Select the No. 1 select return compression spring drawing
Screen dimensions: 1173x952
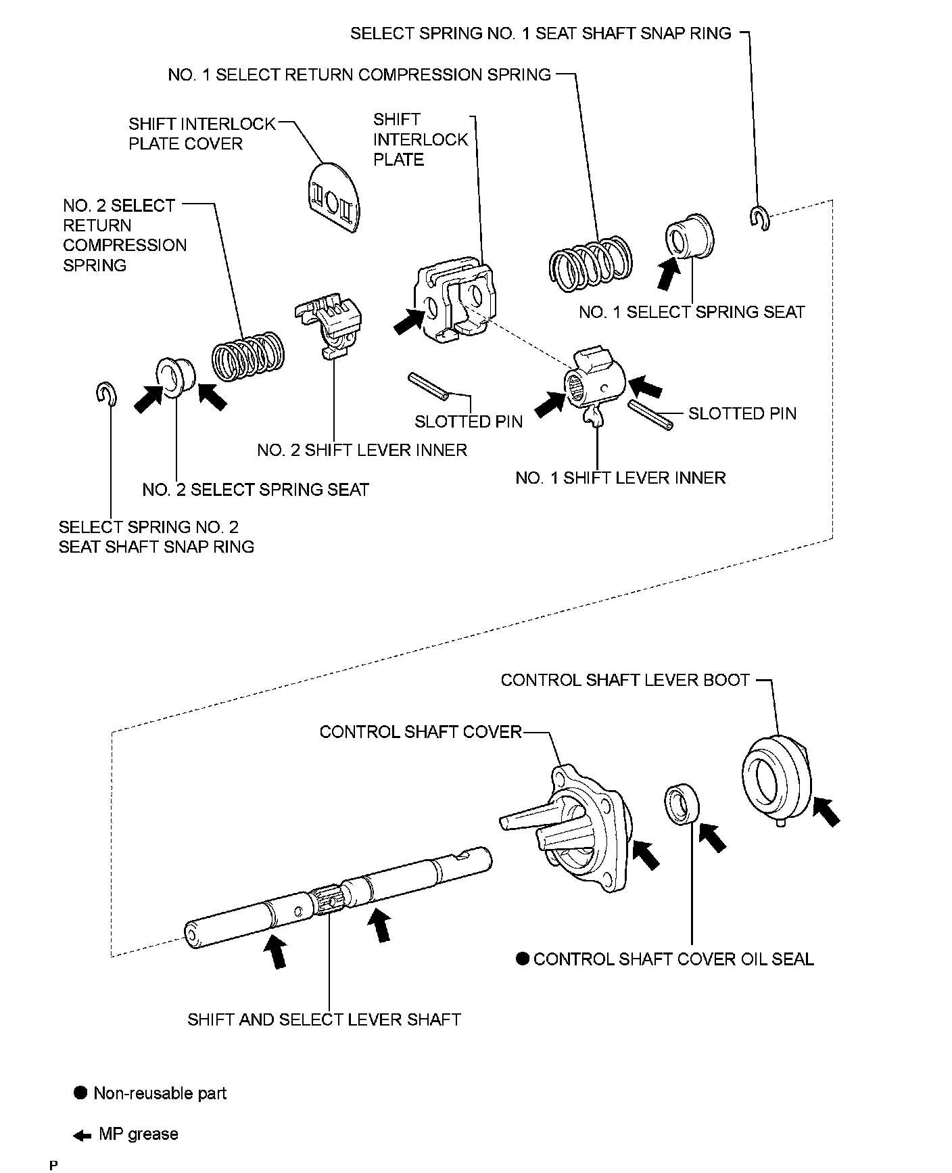tap(590, 264)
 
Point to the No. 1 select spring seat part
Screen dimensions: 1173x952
tap(690, 237)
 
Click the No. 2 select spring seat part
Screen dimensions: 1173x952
tap(176, 377)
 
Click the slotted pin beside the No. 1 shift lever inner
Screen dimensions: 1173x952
tap(650, 415)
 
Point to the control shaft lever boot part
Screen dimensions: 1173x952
tap(777, 778)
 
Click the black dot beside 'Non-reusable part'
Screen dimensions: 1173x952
tap(81, 1093)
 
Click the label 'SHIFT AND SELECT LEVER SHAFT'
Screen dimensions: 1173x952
tap(324, 1019)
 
